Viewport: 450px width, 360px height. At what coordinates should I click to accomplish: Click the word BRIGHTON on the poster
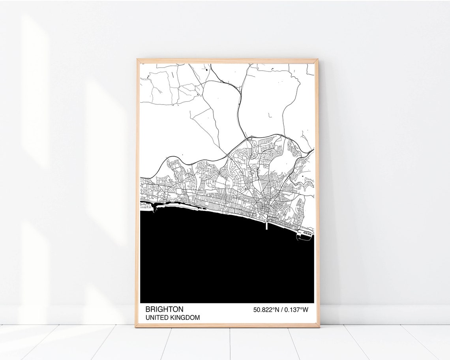click(164, 309)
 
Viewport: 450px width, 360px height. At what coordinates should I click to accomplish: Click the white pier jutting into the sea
click(267, 226)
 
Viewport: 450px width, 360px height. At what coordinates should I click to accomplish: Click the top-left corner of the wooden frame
click(138, 60)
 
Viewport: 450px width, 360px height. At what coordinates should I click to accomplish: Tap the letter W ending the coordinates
click(305, 310)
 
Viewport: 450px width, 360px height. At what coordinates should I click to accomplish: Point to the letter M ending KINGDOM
click(197, 317)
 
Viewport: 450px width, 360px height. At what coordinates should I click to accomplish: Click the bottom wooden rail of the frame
click(227, 326)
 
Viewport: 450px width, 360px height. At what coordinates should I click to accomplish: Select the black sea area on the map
click(221, 264)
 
